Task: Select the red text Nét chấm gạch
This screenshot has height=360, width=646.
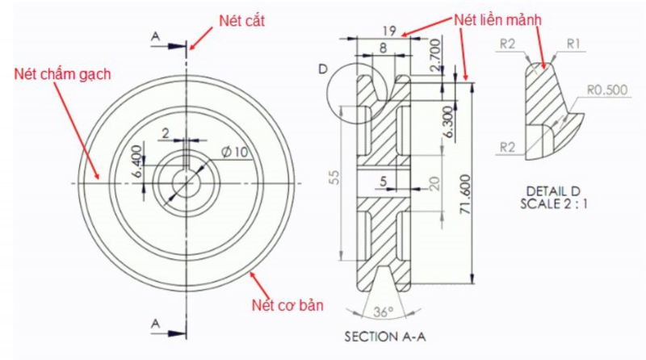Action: [x=62, y=74]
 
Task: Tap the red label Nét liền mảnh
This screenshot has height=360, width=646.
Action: [x=496, y=18]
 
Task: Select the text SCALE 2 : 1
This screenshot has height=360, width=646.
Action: [x=555, y=204]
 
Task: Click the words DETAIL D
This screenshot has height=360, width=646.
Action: [x=554, y=191]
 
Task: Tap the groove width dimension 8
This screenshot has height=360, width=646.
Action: [x=382, y=48]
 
